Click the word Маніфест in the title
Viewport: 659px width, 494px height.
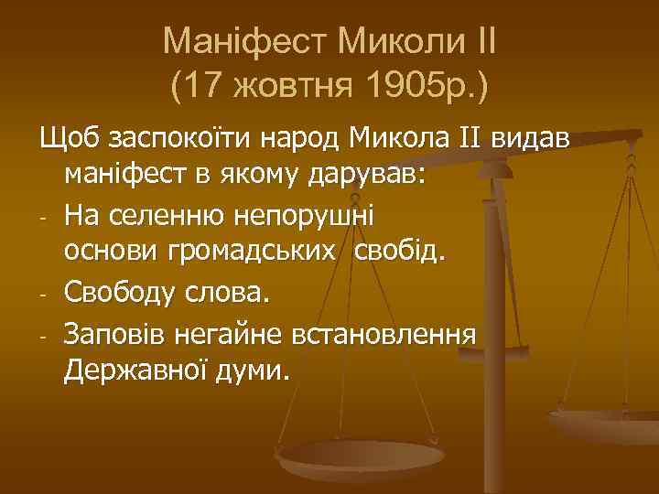(x=241, y=41)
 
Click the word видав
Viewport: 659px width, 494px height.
(x=530, y=139)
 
